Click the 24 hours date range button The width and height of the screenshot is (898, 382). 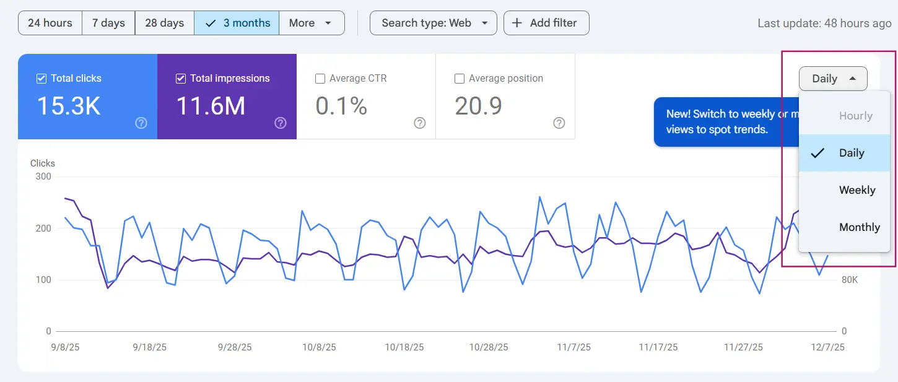click(50, 23)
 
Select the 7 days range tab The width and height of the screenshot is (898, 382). click(108, 23)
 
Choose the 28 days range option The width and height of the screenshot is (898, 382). click(164, 23)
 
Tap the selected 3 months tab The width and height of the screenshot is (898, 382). click(237, 23)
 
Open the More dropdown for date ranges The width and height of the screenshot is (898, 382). click(312, 23)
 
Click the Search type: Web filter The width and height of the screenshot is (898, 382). click(433, 23)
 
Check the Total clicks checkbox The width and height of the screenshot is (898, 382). click(41, 79)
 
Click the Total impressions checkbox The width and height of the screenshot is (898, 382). click(181, 79)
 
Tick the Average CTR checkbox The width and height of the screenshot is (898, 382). click(320, 79)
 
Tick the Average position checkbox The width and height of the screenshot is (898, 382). click(460, 79)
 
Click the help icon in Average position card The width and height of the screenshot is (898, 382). click(559, 123)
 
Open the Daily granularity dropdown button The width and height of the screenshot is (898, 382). click(833, 79)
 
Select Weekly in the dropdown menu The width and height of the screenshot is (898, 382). click(857, 190)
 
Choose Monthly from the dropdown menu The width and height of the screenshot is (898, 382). click(859, 227)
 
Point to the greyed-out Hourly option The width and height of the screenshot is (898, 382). click(855, 116)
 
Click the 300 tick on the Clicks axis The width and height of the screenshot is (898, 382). click(43, 176)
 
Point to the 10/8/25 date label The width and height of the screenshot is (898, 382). click(319, 347)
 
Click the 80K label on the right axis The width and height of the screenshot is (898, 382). click(850, 280)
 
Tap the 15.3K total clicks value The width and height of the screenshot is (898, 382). click(69, 106)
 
